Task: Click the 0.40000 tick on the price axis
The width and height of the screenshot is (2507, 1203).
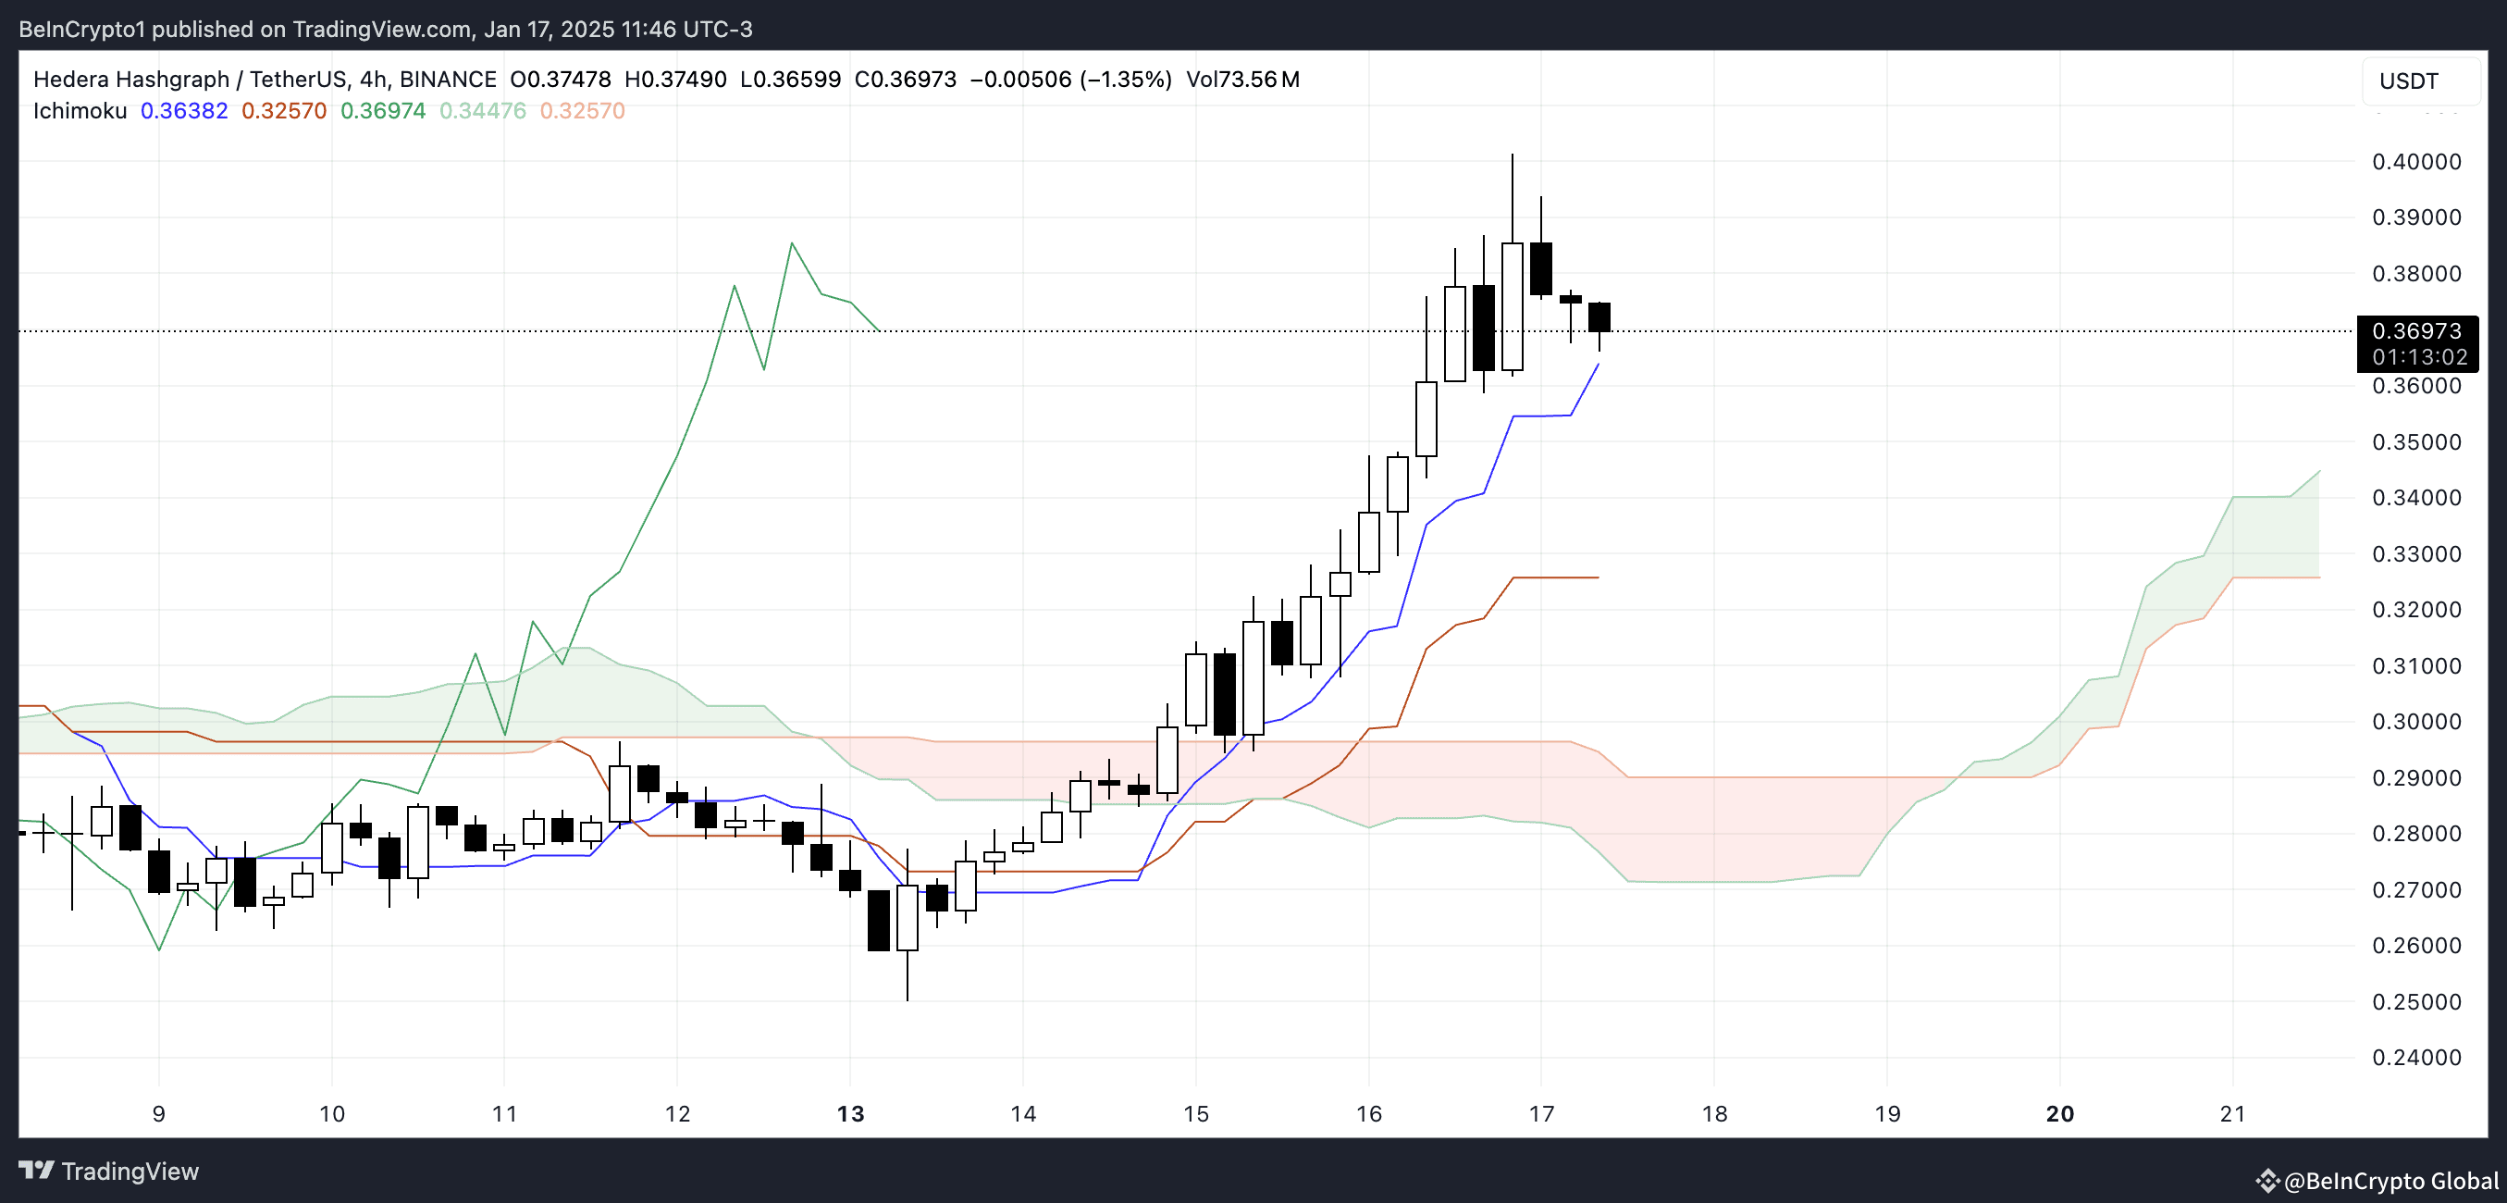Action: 2415,162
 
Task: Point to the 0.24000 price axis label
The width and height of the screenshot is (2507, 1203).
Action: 2415,1057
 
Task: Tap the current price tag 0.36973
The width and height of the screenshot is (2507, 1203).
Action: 2415,332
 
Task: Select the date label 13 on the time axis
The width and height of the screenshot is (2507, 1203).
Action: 849,1113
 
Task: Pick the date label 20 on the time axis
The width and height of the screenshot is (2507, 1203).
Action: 2059,1113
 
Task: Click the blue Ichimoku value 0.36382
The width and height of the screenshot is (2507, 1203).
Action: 184,111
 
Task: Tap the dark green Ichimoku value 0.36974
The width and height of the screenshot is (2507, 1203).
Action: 382,111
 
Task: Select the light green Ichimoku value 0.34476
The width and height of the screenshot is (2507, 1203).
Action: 483,111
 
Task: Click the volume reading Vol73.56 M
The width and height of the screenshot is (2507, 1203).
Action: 1241,79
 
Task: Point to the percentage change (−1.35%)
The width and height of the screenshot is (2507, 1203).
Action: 1125,79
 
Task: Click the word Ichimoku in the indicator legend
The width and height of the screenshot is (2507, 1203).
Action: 80,111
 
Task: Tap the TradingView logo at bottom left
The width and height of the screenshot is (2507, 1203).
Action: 109,1171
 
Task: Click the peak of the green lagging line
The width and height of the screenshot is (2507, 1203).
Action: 791,243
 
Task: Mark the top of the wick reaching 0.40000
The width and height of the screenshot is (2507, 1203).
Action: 1512,155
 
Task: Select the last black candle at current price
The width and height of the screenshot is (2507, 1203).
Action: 1599,317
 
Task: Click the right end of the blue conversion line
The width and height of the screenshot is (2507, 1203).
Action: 1599,364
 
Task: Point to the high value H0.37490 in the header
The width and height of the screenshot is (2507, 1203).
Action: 674,79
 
